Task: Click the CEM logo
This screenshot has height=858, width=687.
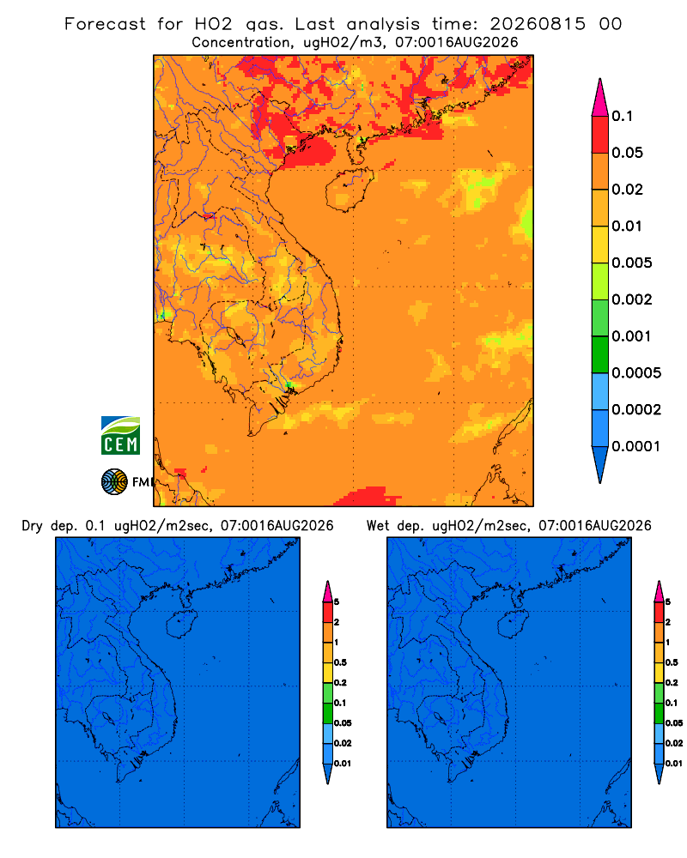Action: pos(120,436)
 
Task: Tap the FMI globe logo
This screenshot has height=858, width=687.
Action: pos(114,481)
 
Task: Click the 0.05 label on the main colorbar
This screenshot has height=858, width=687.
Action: pos(627,153)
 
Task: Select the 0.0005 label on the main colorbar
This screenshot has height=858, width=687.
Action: pos(636,373)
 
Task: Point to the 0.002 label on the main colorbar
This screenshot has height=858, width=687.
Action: pos(632,299)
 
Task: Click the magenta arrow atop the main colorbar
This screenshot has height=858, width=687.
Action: pos(600,97)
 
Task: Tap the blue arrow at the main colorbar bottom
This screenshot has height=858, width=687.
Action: pos(600,464)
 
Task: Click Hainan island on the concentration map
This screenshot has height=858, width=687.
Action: pos(349,190)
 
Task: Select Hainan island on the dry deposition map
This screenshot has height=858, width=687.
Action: pos(181,624)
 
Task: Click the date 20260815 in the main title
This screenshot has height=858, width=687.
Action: pos(538,24)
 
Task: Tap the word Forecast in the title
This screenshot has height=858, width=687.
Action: pos(105,24)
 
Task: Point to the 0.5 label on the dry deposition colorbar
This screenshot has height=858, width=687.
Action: pos(340,662)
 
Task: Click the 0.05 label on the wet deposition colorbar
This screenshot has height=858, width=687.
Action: pos(674,722)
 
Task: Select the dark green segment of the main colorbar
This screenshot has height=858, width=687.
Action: pos(600,354)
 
